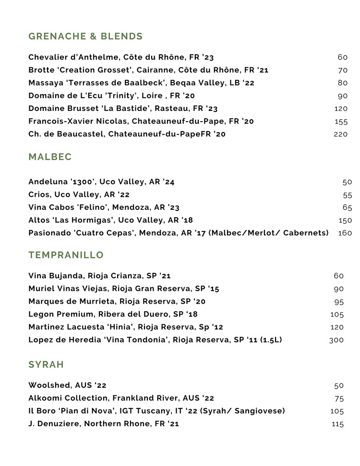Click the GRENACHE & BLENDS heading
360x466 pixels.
point(85,37)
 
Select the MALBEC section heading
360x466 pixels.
point(50,157)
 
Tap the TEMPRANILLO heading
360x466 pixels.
point(66,255)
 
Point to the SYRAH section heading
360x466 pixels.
point(46,365)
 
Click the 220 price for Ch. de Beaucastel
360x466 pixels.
point(340,135)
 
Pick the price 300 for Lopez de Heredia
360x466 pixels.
point(336,340)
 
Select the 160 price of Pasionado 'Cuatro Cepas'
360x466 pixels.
point(345,233)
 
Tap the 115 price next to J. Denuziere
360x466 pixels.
point(337,424)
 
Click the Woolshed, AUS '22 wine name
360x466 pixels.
point(67,385)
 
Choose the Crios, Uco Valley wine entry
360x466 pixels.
point(79,195)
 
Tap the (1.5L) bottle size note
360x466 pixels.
point(271,340)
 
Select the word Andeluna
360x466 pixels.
point(48,182)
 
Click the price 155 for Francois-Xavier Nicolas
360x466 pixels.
point(341,122)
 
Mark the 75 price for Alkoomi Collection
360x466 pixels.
point(339,398)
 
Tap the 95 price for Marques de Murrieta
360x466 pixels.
point(339,302)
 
